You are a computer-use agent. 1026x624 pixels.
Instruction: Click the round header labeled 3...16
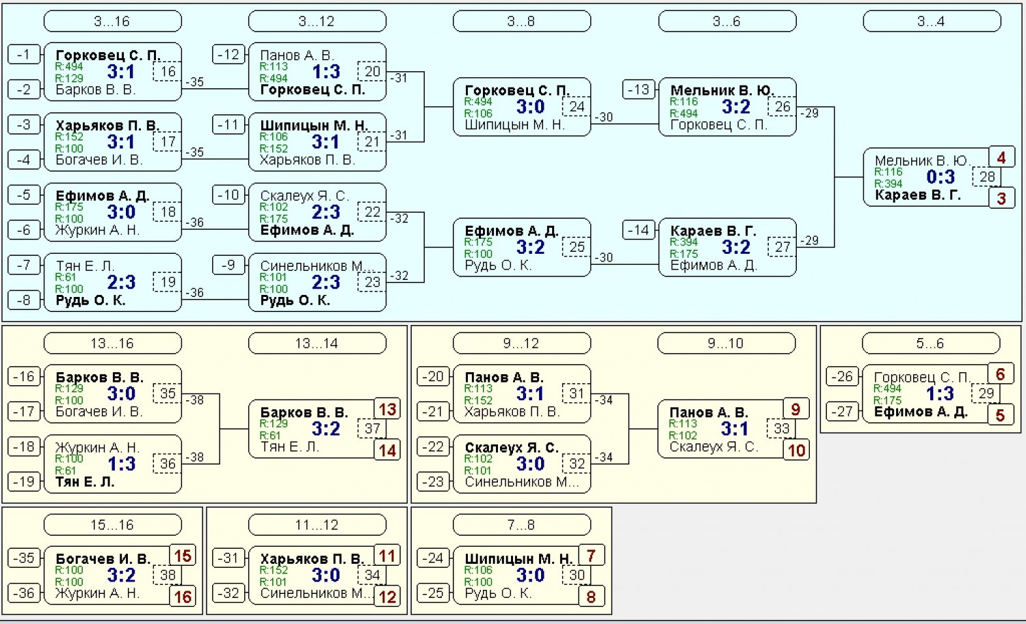[x=113, y=21]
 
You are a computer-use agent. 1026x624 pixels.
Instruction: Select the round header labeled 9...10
[x=726, y=343]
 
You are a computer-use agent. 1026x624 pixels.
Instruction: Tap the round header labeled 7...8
[x=522, y=525]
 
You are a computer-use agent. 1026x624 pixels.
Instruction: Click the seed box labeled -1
[x=23, y=55]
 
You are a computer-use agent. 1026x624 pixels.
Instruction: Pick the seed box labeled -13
[x=638, y=90]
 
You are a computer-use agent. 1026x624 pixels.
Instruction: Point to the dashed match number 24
[x=577, y=107]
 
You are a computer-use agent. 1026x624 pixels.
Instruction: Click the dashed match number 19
[x=168, y=282]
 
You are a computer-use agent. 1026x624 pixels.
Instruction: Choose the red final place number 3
[x=1001, y=198]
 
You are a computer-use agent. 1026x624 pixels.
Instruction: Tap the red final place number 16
[x=183, y=597]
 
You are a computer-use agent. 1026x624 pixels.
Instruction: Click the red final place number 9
[x=796, y=409]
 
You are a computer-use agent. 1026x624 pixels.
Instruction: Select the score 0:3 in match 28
[x=941, y=177]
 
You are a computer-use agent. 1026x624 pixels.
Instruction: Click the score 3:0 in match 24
[x=530, y=107]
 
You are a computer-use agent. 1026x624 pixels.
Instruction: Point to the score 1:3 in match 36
[x=121, y=464]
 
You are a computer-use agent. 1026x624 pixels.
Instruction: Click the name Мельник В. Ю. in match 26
[x=722, y=90]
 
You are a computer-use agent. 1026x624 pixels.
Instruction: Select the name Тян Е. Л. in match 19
[x=85, y=265]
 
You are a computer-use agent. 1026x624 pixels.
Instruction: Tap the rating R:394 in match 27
[x=684, y=242]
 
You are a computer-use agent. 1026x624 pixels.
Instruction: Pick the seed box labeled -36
[x=23, y=593]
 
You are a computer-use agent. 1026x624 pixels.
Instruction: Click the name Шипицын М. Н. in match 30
[x=518, y=559]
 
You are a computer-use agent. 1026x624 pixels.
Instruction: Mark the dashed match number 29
[x=986, y=393]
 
